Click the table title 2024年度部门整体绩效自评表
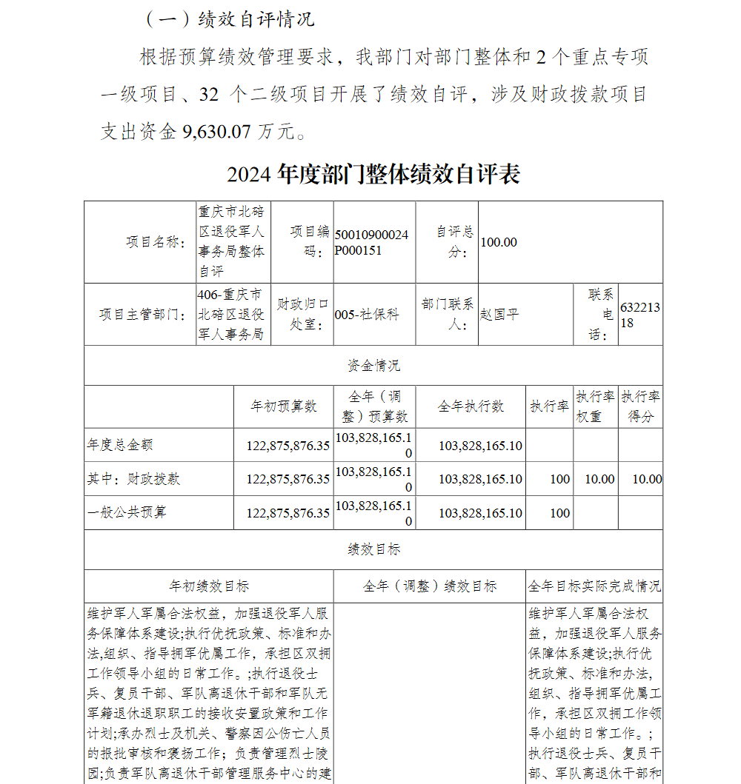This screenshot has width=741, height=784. [x=373, y=174]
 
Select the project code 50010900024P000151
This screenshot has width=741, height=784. [x=371, y=242]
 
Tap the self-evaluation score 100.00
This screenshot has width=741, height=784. [x=499, y=242]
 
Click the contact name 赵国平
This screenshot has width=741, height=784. [x=499, y=315]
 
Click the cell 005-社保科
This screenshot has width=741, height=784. [x=367, y=315]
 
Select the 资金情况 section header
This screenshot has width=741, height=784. [x=373, y=365]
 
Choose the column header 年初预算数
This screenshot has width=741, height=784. [x=284, y=406]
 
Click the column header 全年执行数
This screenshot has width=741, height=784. [x=471, y=406]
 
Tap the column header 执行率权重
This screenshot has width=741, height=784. [x=595, y=406]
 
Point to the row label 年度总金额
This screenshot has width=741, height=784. [x=120, y=445]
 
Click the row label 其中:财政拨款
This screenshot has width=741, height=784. [x=133, y=479]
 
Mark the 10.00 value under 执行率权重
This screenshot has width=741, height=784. [x=599, y=479]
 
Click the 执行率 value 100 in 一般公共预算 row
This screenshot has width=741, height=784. [x=560, y=513]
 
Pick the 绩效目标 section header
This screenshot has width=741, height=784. [x=373, y=549]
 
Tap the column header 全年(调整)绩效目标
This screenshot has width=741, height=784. [x=430, y=586]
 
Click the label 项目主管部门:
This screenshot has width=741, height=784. [x=143, y=315]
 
